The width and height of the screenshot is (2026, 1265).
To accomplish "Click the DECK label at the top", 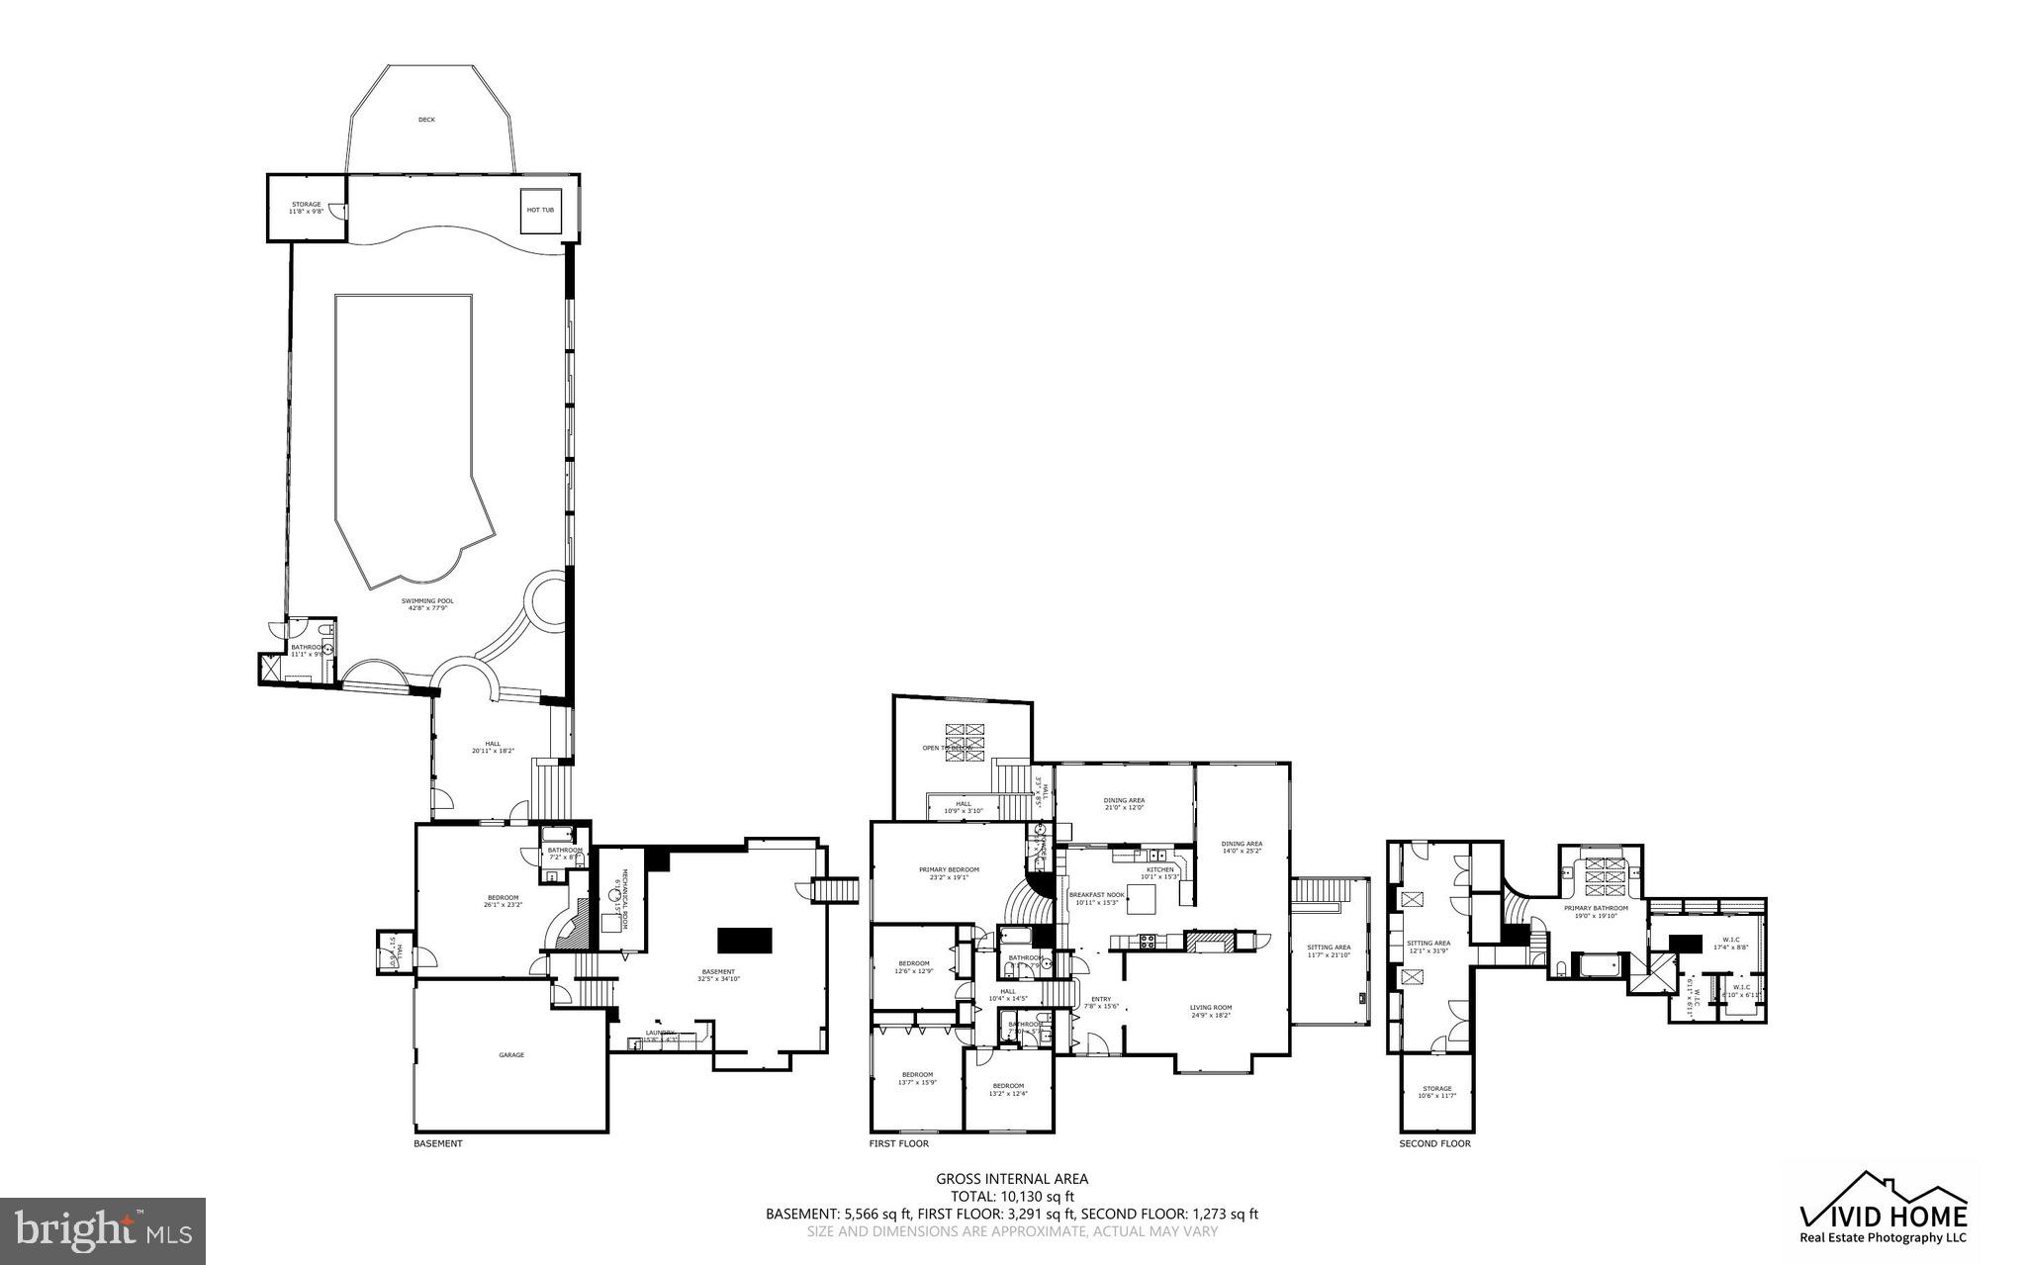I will point(426,120).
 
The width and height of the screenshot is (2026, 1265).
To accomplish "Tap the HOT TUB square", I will point(540,210).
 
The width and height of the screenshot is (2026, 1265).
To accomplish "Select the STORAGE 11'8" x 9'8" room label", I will point(306,208).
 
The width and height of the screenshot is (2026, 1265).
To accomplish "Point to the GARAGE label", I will point(511,1055).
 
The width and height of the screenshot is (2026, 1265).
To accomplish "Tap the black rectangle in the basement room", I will point(744,940).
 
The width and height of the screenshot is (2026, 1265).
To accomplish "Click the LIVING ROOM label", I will point(1210,1011).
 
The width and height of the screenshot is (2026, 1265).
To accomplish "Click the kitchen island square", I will point(1141,899).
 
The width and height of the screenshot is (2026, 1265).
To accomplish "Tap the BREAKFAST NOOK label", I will point(1096,897).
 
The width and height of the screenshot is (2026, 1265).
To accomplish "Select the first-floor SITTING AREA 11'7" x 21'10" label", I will point(1329,950).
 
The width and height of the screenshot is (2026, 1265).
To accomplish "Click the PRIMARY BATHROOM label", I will point(1595,911).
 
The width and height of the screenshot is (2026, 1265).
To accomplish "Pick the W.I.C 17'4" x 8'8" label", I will point(1730,944).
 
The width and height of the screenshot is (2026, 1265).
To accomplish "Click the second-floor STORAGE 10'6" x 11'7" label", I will point(1436,1092).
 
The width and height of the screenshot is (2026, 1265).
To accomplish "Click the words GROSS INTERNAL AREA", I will point(1011,1178).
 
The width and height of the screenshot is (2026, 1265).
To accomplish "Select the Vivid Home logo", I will point(1883,1207).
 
